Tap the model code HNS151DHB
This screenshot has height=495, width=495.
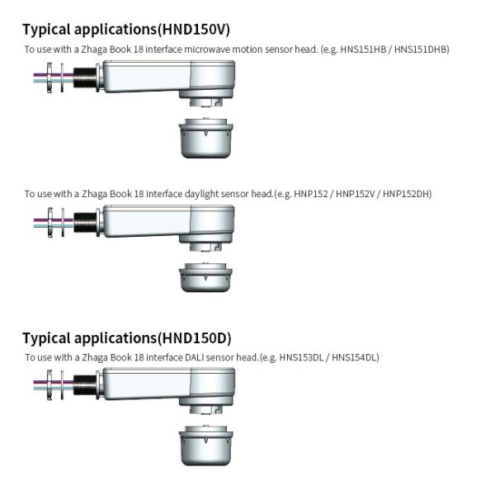421,49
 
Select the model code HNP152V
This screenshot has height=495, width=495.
355,194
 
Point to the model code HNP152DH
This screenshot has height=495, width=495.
406,194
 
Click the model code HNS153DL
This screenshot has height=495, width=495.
301,357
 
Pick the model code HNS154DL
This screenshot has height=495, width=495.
355,357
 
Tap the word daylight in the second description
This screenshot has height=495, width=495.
201,194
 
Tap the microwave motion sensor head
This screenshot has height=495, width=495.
205,138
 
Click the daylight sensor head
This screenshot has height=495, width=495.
205,277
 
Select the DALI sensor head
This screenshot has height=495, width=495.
205,445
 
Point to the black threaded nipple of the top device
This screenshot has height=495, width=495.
85,78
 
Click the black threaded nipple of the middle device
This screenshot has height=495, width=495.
85,223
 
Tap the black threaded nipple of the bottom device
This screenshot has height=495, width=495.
85,385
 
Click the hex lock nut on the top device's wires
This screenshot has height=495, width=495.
49,78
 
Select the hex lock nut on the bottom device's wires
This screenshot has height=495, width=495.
49,385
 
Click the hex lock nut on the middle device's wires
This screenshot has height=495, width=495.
49,222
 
